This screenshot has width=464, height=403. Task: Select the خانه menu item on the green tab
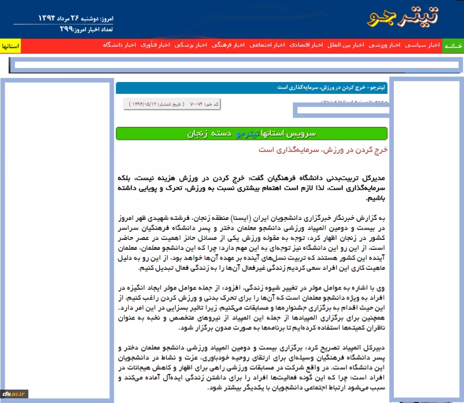pos(453,46)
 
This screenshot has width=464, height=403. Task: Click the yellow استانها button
pos(10,46)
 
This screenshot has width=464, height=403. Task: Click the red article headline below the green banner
pos(322,150)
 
